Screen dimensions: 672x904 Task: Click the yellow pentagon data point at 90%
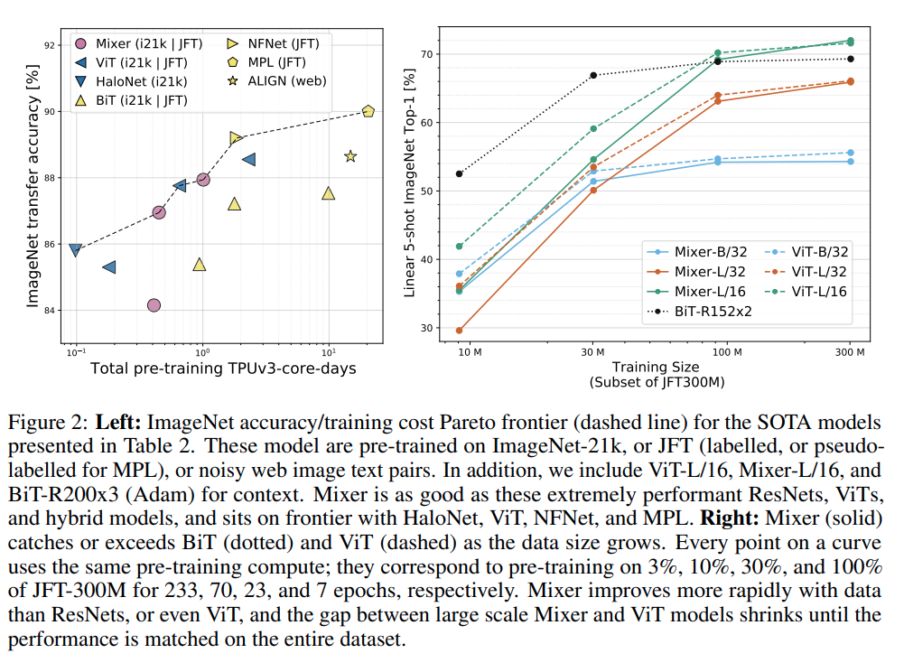[368, 111]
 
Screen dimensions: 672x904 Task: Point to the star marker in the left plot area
[350, 156]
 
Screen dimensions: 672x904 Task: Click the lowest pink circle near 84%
[154, 305]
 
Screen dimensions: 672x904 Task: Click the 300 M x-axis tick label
[850, 350]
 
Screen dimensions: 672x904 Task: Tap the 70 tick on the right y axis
[425, 54]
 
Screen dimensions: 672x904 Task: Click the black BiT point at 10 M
[460, 173]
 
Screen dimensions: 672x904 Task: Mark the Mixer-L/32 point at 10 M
[460, 331]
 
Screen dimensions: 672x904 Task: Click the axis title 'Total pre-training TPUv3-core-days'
[223, 368]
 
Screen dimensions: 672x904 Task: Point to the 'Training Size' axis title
[655, 367]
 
